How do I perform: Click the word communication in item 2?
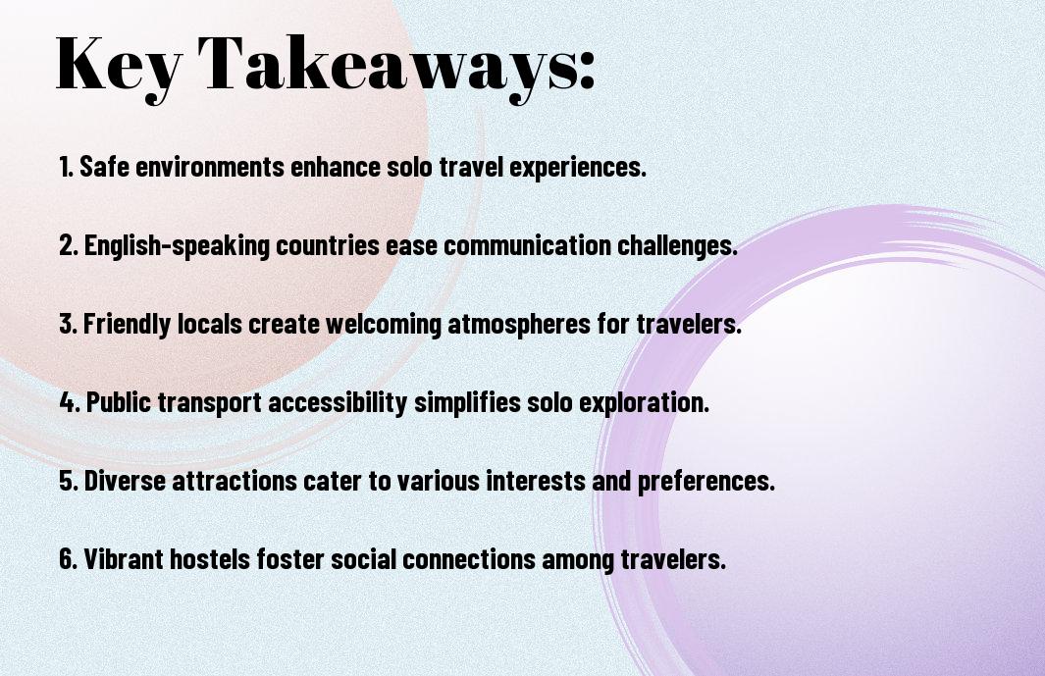[x=527, y=245]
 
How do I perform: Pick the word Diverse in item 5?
[x=125, y=481]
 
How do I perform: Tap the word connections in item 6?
[x=468, y=559]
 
